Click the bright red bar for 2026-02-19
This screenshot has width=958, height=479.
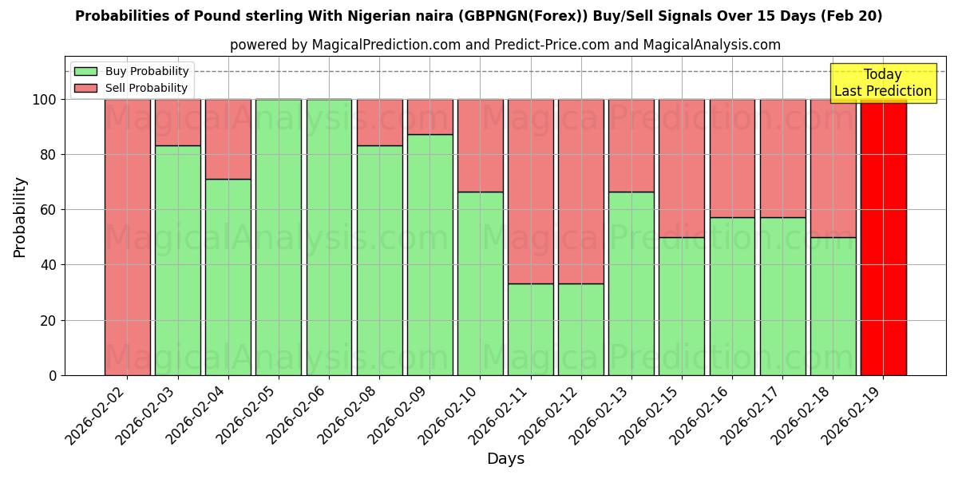click(x=883, y=237)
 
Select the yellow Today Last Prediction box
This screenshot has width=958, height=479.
click(x=883, y=83)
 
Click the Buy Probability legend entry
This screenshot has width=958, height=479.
click(x=131, y=71)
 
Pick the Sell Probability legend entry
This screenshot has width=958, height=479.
click(x=131, y=88)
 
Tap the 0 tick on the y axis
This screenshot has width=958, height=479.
click(x=53, y=375)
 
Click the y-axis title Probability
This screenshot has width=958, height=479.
click(x=20, y=217)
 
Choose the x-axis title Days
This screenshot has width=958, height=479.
click(x=505, y=459)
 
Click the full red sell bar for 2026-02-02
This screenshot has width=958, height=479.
click(x=127, y=237)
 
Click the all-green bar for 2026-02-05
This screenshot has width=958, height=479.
click(x=278, y=237)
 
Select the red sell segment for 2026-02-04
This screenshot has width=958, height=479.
click(x=228, y=139)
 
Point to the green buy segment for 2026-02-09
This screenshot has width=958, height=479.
click(x=430, y=255)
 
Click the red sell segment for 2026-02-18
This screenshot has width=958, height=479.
click(x=833, y=168)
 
